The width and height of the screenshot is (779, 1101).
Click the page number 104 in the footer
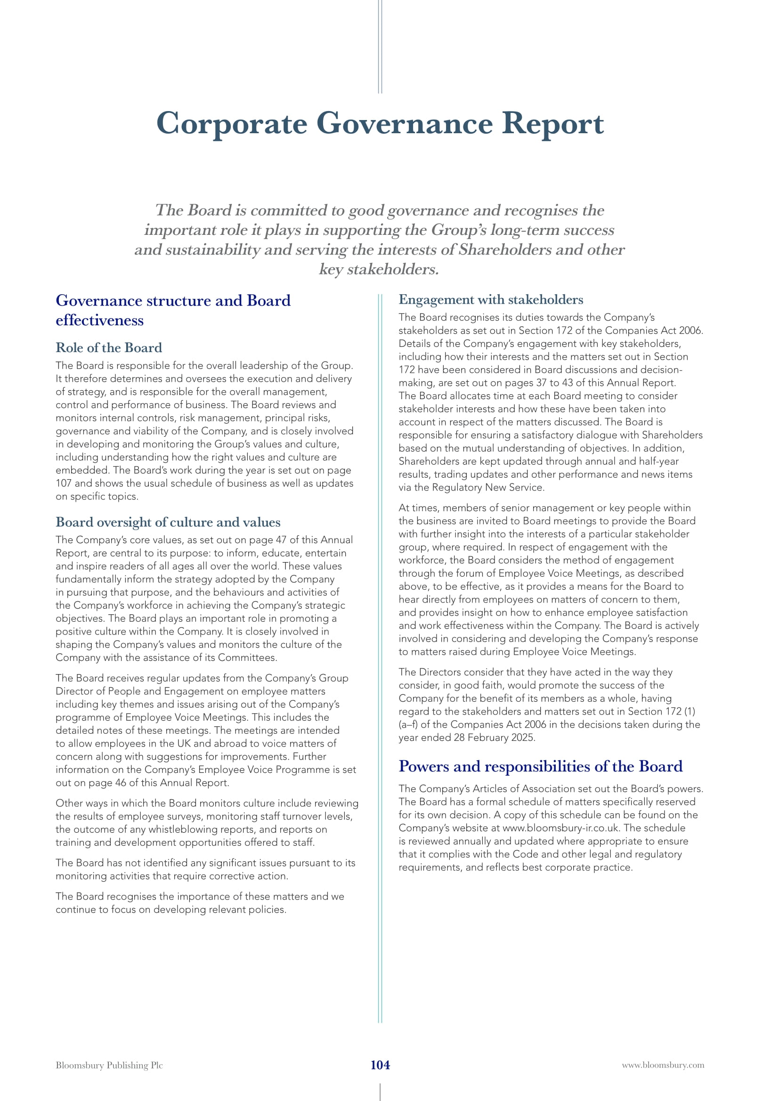[x=380, y=1065]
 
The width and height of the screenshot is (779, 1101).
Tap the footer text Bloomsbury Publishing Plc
[x=109, y=1066]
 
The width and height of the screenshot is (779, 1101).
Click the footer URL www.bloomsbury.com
[x=663, y=1066]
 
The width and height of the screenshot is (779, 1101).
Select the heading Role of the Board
[x=109, y=348]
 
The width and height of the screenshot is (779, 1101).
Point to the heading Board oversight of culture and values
[x=168, y=522]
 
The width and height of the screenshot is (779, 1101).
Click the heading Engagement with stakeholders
[x=491, y=300]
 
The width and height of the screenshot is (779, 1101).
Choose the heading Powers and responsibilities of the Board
[x=541, y=766]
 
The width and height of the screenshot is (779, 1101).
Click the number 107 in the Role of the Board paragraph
[x=64, y=483]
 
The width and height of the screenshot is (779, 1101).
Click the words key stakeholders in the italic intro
[x=379, y=270]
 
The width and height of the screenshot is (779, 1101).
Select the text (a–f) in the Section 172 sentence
[x=408, y=724]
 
